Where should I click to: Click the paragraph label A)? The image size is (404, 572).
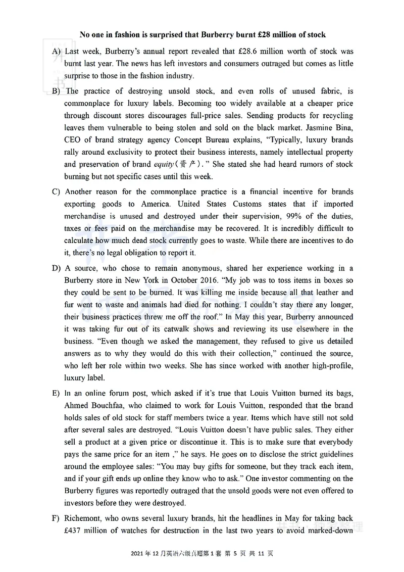[57, 52]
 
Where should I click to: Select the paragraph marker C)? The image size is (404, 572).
[57, 192]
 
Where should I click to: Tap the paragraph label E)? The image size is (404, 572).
[57, 393]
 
